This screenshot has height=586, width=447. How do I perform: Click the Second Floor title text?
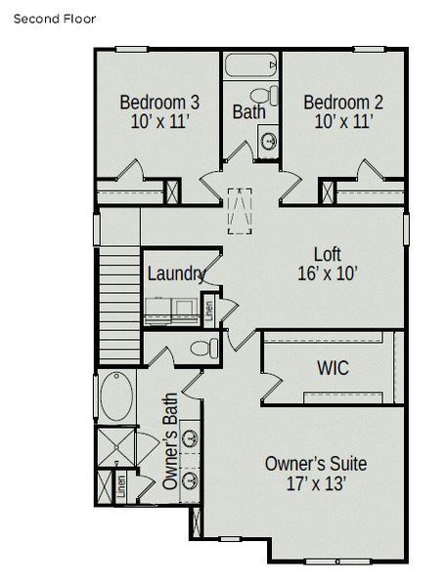[x=55, y=19]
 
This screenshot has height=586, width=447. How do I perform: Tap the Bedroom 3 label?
[x=160, y=102]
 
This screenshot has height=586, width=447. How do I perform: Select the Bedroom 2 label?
[x=342, y=102]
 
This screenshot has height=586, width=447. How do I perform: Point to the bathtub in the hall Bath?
[x=251, y=68]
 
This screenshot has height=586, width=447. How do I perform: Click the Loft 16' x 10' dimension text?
[x=328, y=274]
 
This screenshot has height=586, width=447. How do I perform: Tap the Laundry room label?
[x=175, y=273]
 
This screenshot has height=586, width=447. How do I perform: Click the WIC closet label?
[x=333, y=369]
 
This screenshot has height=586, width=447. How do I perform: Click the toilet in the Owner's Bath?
[x=204, y=348]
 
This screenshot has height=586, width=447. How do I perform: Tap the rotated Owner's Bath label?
[x=170, y=449]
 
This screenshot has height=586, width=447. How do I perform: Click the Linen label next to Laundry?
[x=208, y=313]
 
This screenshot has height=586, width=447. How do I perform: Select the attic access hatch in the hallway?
[x=238, y=210]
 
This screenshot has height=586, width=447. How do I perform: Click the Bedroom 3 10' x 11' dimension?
[x=160, y=122]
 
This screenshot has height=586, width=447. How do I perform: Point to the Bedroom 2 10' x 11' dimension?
[x=342, y=122]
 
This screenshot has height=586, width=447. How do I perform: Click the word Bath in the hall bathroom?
[x=248, y=111]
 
